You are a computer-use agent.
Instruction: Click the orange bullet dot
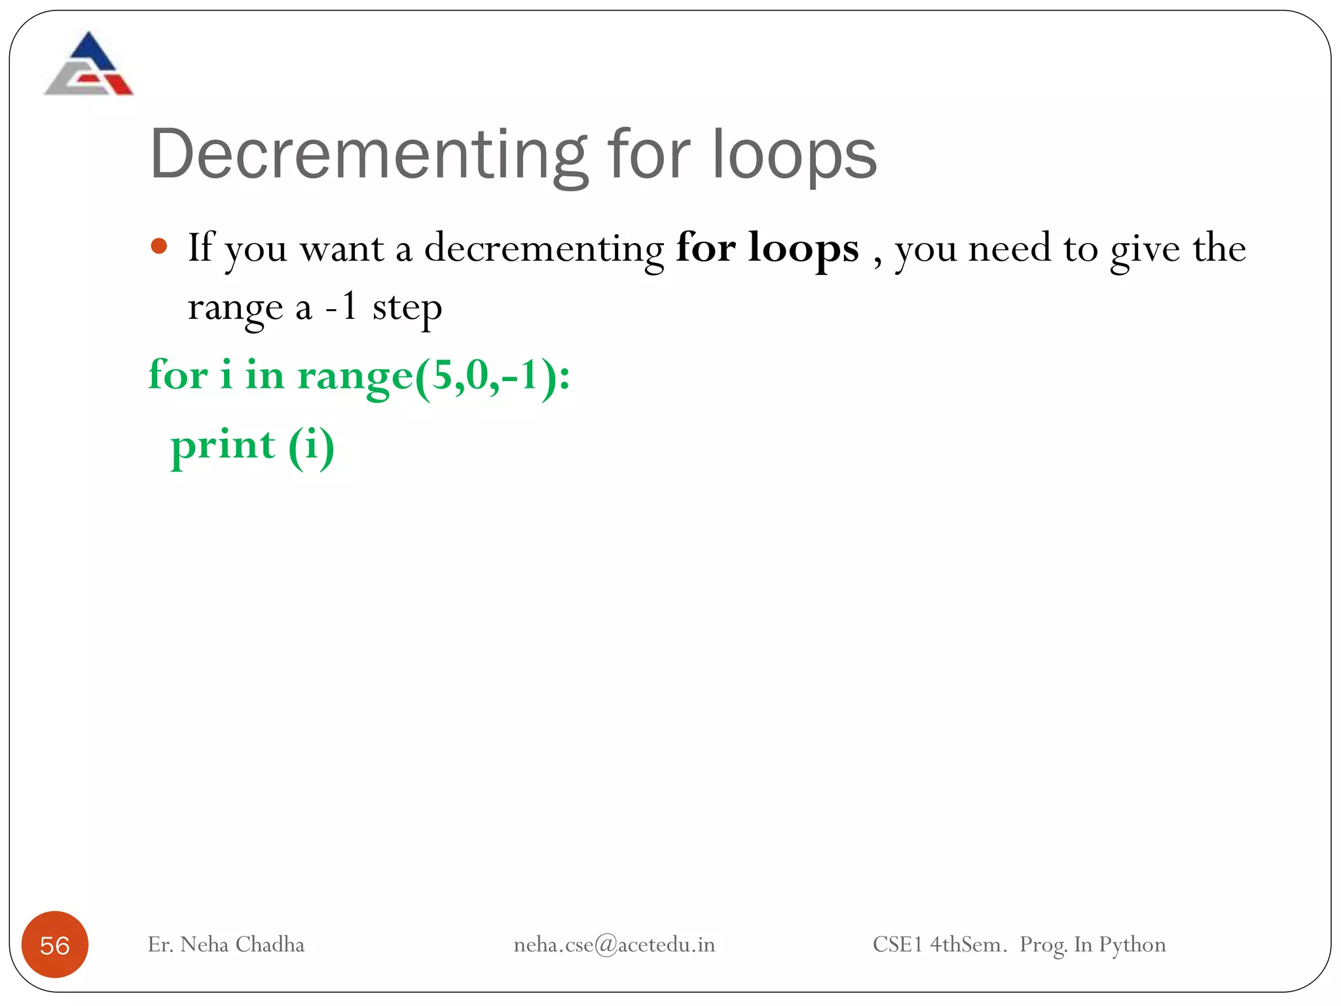coord(159,247)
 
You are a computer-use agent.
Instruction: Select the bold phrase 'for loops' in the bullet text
coord(767,249)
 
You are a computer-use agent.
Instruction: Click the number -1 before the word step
coord(341,307)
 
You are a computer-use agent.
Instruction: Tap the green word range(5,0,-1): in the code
coord(433,376)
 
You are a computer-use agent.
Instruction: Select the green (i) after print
coord(312,447)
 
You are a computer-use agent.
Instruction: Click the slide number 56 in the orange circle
coord(55,945)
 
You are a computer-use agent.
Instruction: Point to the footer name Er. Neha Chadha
coord(226,944)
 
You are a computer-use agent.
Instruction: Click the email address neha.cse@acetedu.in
coord(614,944)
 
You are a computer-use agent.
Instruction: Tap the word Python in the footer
coord(1132,945)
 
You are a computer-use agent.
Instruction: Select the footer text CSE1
coord(897,944)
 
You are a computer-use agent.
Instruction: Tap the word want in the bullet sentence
coord(342,249)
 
